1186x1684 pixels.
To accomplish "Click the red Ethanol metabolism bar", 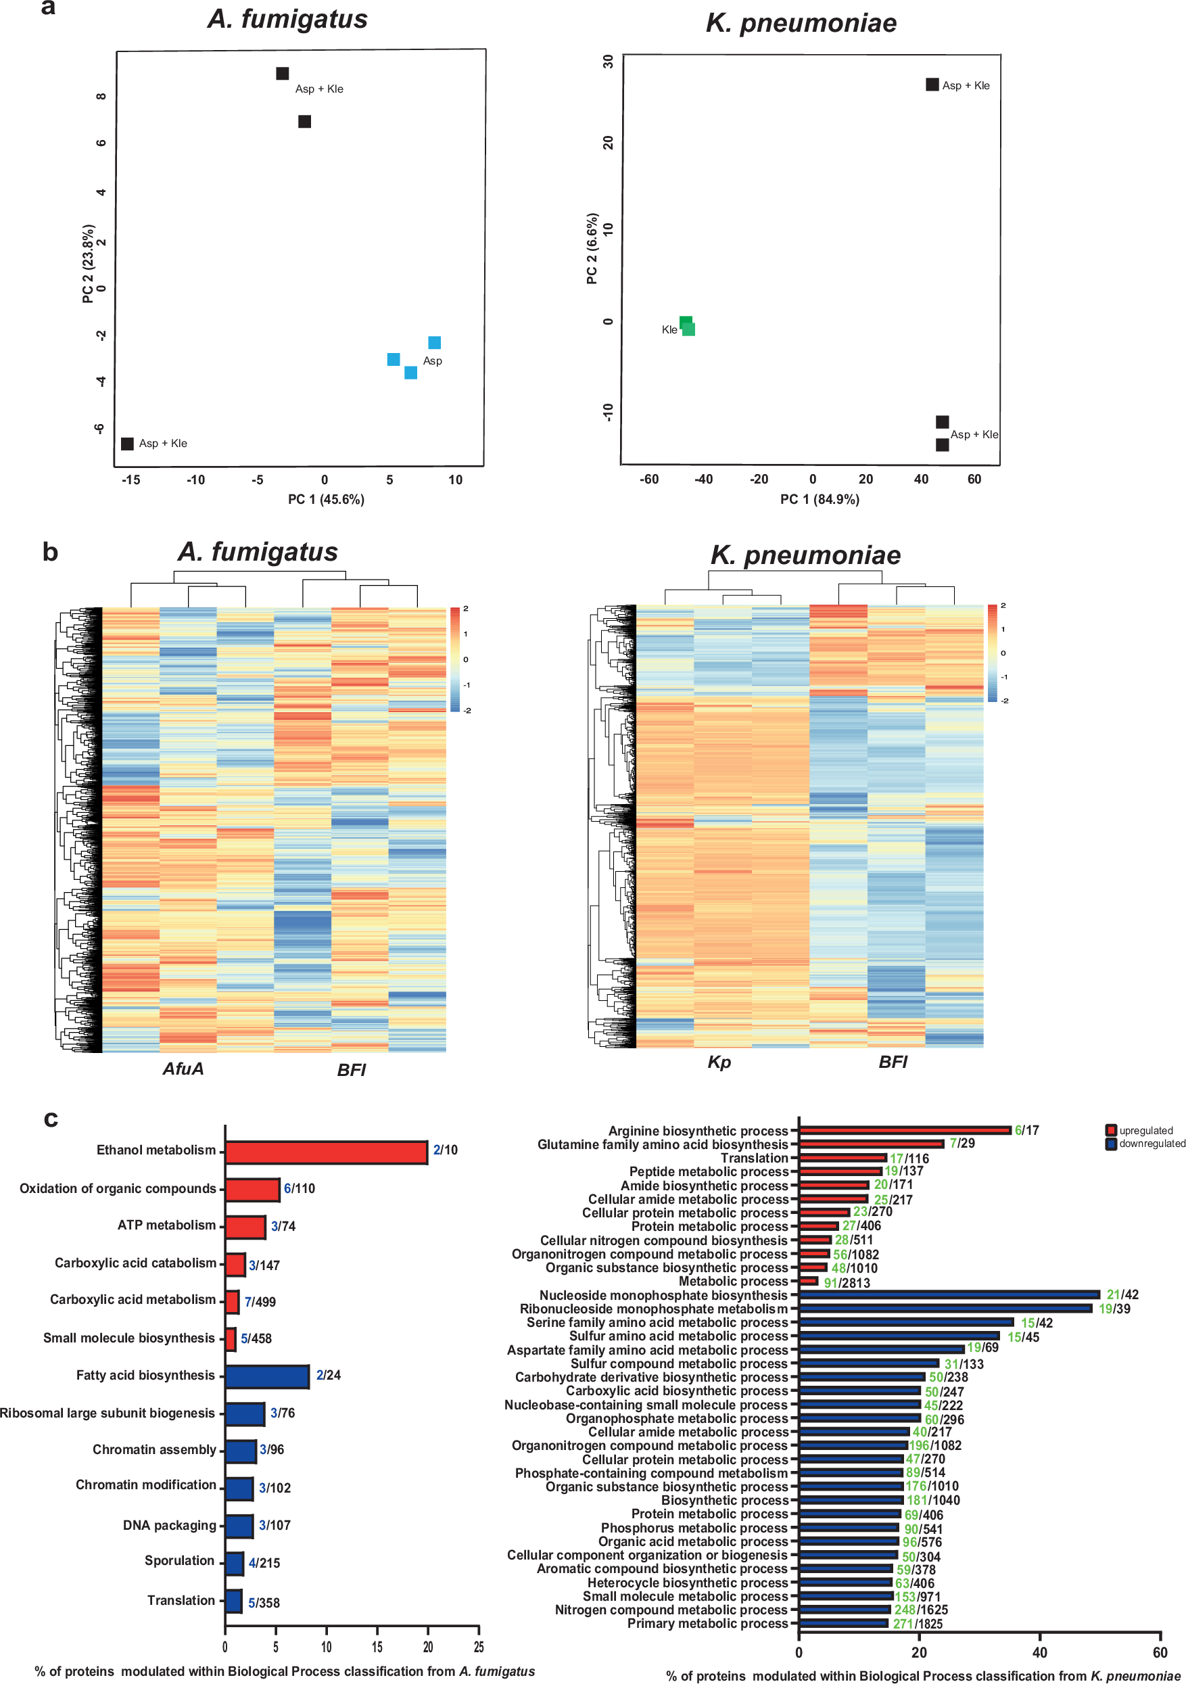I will click(x=326, y=1152).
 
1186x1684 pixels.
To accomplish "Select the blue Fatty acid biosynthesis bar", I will click(x=267, y=1377).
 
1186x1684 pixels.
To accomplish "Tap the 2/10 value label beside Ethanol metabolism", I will click(x=445, y=1150).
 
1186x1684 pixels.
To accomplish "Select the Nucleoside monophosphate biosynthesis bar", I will click(x=949, y=1294).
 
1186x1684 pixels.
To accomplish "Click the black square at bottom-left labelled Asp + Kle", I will click(x=127, y=444).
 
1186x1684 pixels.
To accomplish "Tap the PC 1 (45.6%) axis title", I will click(x=326, y=500).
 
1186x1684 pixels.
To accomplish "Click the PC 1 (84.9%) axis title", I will click(x=820, y=500).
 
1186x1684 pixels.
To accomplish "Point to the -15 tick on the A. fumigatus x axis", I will click(x=131, y=480).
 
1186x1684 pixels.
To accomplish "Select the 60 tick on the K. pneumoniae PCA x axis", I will click(x=974, y=480).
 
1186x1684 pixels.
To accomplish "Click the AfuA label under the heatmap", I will click(x=183, y=1069).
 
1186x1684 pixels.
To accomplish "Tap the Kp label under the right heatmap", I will click(x=719, y=1062).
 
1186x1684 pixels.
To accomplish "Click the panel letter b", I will click(x=50, y=553).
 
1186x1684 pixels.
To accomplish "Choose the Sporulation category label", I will click(x=179, y=1561).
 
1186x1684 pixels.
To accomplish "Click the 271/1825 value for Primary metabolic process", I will click(x=918, y=1624).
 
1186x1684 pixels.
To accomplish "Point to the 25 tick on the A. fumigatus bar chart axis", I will click(x=478, y=1647).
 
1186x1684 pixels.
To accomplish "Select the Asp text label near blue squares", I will click(x=432, y=361).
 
